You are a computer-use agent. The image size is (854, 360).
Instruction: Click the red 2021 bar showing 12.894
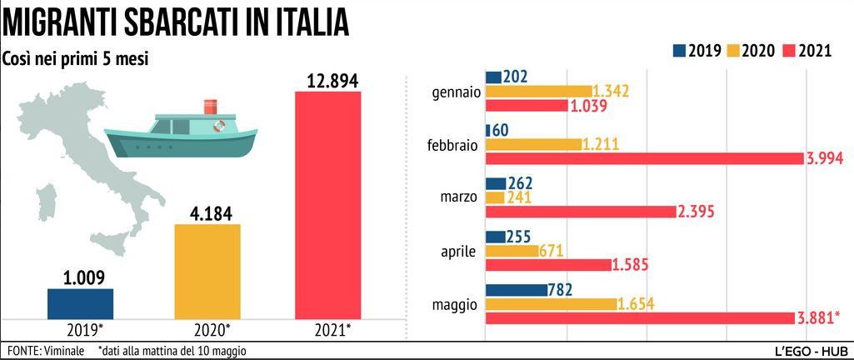click(327, 204)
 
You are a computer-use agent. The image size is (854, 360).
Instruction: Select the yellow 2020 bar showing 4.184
click(207, 271)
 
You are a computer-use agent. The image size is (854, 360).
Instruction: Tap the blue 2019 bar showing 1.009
click(80, 302)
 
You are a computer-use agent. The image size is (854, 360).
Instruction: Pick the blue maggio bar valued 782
click(516, 290)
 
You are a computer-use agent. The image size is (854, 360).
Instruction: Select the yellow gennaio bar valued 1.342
click(537, 91)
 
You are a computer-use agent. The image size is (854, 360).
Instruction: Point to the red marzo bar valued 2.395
click(579, 212)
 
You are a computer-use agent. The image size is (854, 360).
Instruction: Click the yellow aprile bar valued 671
click(511, 251)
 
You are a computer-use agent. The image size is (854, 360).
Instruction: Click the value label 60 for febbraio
click(501, 131)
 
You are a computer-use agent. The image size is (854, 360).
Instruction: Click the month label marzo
click(458, 197)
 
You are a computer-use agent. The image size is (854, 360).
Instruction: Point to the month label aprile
click(458, 251)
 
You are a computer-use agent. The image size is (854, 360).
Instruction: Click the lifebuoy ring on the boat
click(219, 126)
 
